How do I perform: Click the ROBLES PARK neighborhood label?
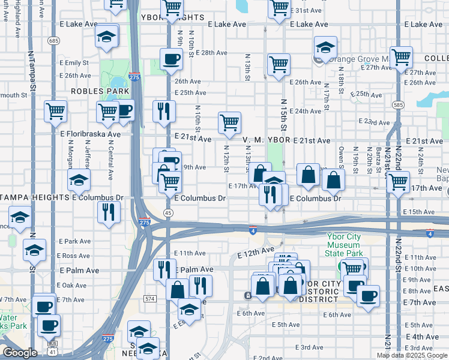click(x=100, y=91)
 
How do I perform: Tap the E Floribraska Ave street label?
click(x=90, y=134)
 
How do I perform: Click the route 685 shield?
click(x=55, y=41)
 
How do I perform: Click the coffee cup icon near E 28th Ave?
click(x=171, y=59)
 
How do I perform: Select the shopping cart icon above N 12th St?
click(x=230, y=122)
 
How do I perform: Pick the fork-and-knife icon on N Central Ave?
click(x=109, y=212)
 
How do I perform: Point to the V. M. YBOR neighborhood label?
click(x=267, y=140)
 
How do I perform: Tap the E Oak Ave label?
click(x=73, y=286)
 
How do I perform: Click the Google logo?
click(x=19, y=353)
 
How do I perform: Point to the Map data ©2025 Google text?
click(x=412, y=355)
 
